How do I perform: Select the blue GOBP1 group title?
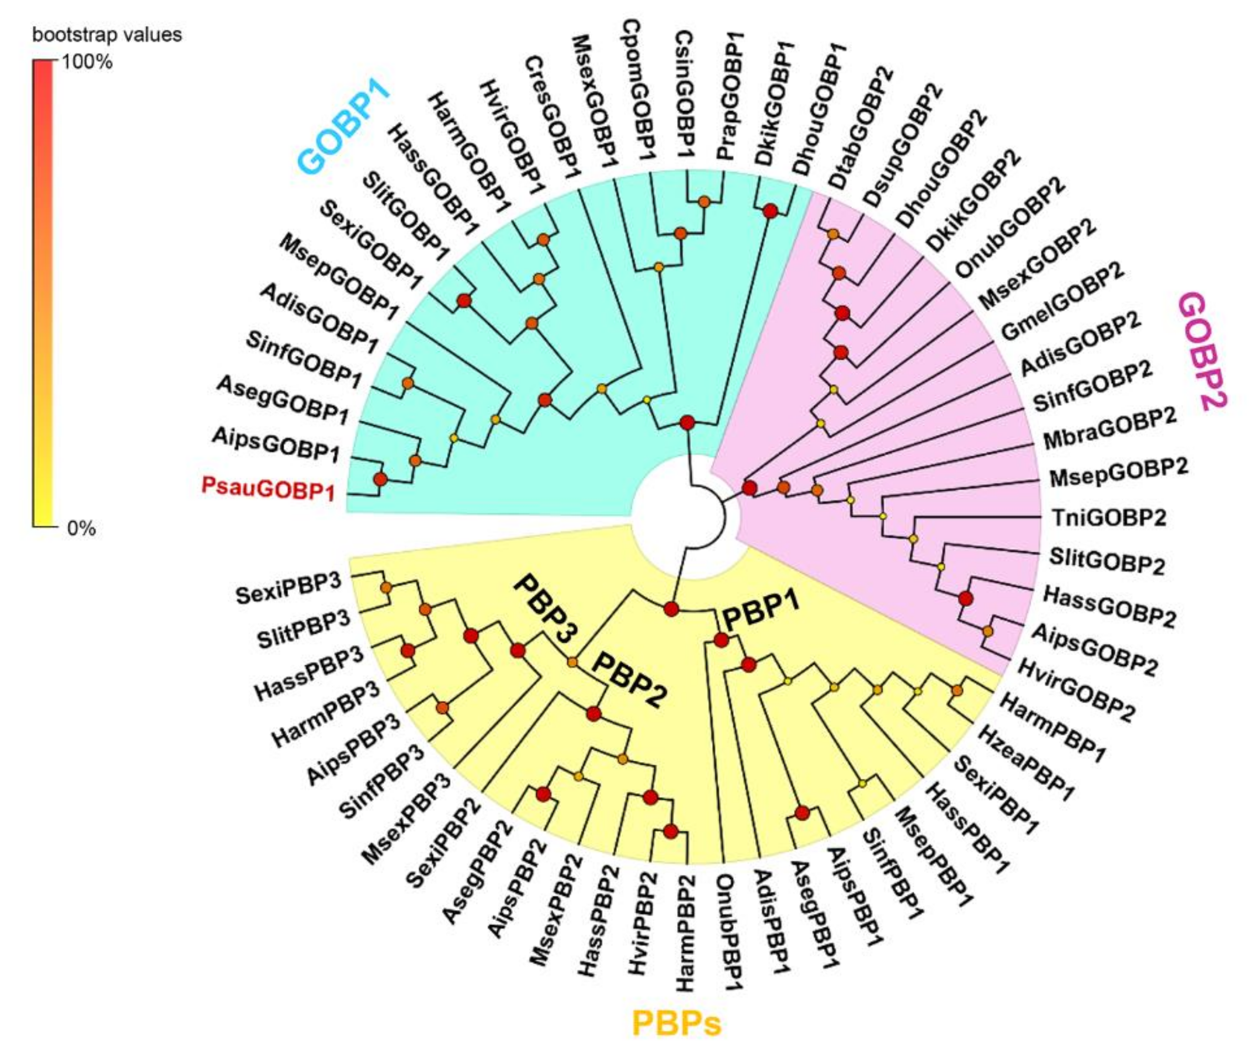pyautogui.click(x=344, y=126)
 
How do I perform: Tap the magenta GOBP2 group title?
pyautogui.click(x=1202, y=351)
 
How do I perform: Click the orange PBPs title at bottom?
pyautogui.click(x=676, y=1023)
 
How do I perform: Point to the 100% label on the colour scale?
pyautogui.click(x=87, y=62)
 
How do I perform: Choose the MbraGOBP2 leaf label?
pyautogui.click(x=1110, y=429)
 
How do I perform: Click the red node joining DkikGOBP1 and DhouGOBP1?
pyautogui.click(x=770, y=211)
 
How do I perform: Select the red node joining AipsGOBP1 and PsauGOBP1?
pyautogui.click(x=380, y=479)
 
